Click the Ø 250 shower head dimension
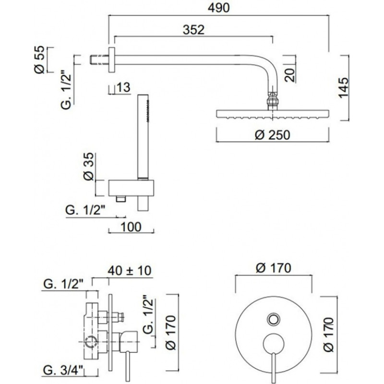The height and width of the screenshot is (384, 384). pos(272,135)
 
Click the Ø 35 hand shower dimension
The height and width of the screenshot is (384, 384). pos(88,168)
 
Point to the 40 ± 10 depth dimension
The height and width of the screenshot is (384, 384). pos(130,270)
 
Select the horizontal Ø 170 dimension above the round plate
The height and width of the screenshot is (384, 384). pos(274,268)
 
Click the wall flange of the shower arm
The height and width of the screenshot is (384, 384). pos(112,60)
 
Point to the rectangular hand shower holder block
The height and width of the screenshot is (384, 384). pos(132,188)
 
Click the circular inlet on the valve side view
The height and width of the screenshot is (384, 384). pos(90,342)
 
